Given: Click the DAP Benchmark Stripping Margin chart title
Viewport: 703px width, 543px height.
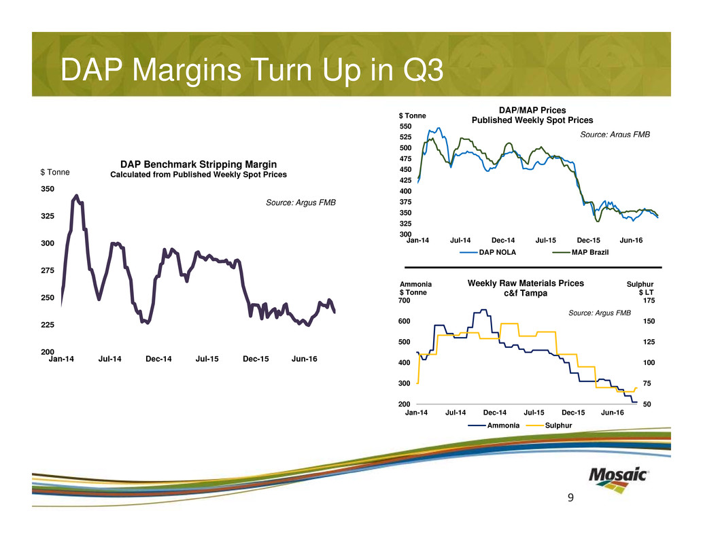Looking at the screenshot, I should [x=199, y=164].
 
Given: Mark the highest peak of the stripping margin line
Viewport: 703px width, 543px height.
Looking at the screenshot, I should [x=76, y=196].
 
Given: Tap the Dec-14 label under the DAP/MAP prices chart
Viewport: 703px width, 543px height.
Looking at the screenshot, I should [x=503, y=241].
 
